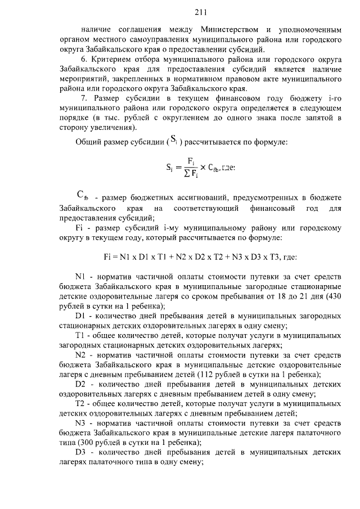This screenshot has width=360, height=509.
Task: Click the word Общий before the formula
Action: (x=88, y=142)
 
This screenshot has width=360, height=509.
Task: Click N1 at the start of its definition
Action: (x=80, y=277)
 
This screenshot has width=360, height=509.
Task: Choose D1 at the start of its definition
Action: (x=80, y=316)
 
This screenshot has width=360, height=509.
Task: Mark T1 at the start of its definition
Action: (x=80, y=336)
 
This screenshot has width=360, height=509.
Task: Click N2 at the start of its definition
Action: (x=80, y=355)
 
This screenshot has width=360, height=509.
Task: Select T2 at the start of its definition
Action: (x=80, y=404)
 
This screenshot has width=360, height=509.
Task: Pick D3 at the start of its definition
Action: (x=80, y=453)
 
